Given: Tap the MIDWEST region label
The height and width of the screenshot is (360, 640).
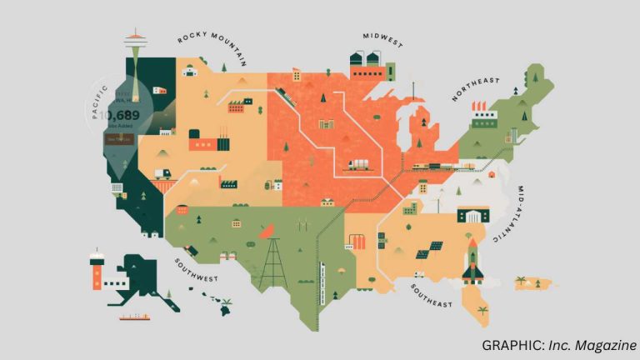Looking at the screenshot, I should pos(382,38).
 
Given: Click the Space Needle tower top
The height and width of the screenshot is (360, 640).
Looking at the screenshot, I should pos(134,37).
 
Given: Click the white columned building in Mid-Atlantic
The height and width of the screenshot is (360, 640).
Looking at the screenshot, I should pos(472,216).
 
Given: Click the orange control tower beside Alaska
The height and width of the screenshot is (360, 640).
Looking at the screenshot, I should pos(97,270).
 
